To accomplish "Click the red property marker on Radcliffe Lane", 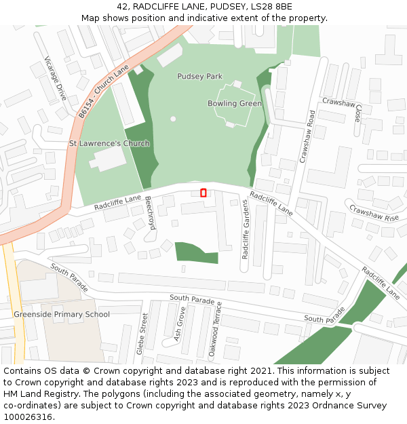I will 203,193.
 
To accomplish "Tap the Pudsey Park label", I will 199,77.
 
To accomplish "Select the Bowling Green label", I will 234,104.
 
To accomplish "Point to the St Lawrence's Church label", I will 109,144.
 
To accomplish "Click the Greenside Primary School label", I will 61,315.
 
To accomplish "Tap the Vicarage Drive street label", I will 56,79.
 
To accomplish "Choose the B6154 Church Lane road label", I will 103,92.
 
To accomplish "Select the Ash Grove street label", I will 180,324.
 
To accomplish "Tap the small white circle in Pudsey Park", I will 173,119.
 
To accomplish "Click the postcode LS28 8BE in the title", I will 269,7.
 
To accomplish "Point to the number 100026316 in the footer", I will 27,417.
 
